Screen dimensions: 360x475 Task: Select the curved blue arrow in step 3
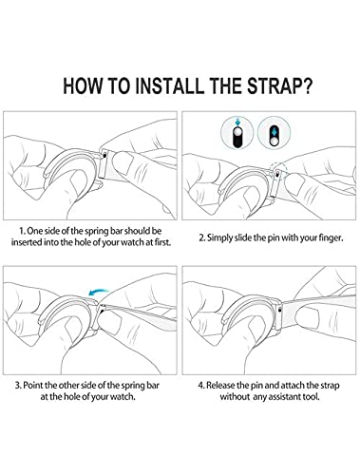pyautogui.click(x=99, y=291)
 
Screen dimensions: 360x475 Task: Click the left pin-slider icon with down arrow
pyautogui.click(x=237, y=133)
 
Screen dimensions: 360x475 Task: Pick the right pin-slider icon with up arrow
pyautogui.click(x=275, y=133)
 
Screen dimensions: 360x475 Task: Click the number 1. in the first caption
pyautogui.click(x=22, y=231)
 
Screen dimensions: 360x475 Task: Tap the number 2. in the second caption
pyautogui.click(x=202, y=237)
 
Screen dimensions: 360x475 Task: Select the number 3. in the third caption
pyautogui.click(x=18, y=386)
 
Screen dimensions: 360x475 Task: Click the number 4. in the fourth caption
pyautogui.click(x=201, y=386)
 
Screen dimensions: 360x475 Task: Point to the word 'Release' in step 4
pyautogui.click(x=221, y=386)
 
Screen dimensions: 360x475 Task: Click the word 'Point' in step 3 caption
pyautogui.click(x=33, y=386)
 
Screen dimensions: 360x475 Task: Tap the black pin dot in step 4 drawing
pyautogui.click(x=279, y=311)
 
